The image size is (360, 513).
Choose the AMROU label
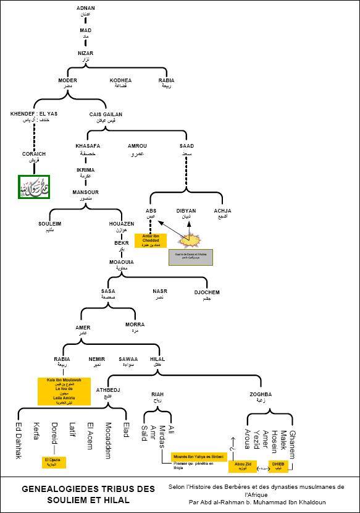click(136, 148)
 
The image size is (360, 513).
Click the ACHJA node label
click(222, 213)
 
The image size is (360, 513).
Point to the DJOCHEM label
click(207, 294)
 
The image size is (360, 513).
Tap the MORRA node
click(135, 327)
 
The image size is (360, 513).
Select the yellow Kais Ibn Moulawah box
click(64, 391)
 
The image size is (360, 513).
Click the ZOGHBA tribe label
click(260, 397)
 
